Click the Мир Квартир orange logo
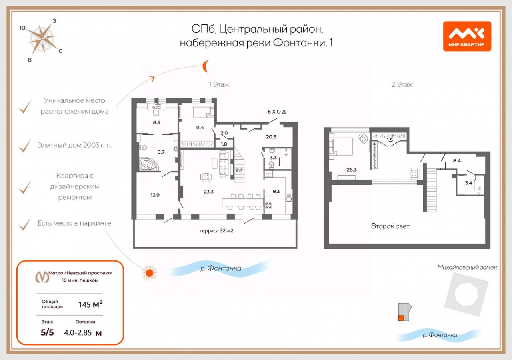pos(467,36)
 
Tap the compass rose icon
pos(42,39)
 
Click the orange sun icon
pos(150,273)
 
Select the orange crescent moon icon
pos(205,66)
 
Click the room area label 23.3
pos(208,191)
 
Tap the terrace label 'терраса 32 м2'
pos(216,231)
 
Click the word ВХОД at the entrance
pos(277,112)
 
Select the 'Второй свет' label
pos(390,226)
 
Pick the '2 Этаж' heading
pos(402,85)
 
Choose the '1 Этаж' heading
pos(219,85)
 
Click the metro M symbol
pos(42,276)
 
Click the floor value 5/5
pos(47,333)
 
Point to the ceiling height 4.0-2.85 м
pos(83,333)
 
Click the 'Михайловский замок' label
pos(467,267)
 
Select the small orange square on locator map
pos(401,318)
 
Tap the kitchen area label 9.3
pos(276,191)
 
